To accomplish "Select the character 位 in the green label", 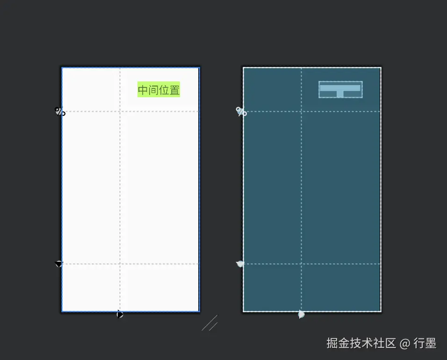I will [x=164, y=90].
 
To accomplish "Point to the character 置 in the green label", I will [x=174, y=90].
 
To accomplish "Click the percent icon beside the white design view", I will [x=60, y=112].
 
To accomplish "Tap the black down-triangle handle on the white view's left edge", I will [x=58, y=264].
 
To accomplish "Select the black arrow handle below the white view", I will [x=120, y=314].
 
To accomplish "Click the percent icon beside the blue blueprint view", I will [x=241, y=112].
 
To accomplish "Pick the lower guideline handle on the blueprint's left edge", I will [x=240, y=264].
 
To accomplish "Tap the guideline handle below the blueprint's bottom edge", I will [x=301, y=314].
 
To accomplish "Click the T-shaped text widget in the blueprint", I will [x=340, y=89].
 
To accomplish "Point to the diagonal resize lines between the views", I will [x=210, y=323].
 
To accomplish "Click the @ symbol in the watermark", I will [x=405, y=343].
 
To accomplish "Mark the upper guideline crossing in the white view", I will [x=120, y=112].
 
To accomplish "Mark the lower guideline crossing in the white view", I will [x=120, y=264].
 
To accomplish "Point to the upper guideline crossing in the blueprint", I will [x=301, y=112].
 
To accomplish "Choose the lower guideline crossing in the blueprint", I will [x=301, y=264].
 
